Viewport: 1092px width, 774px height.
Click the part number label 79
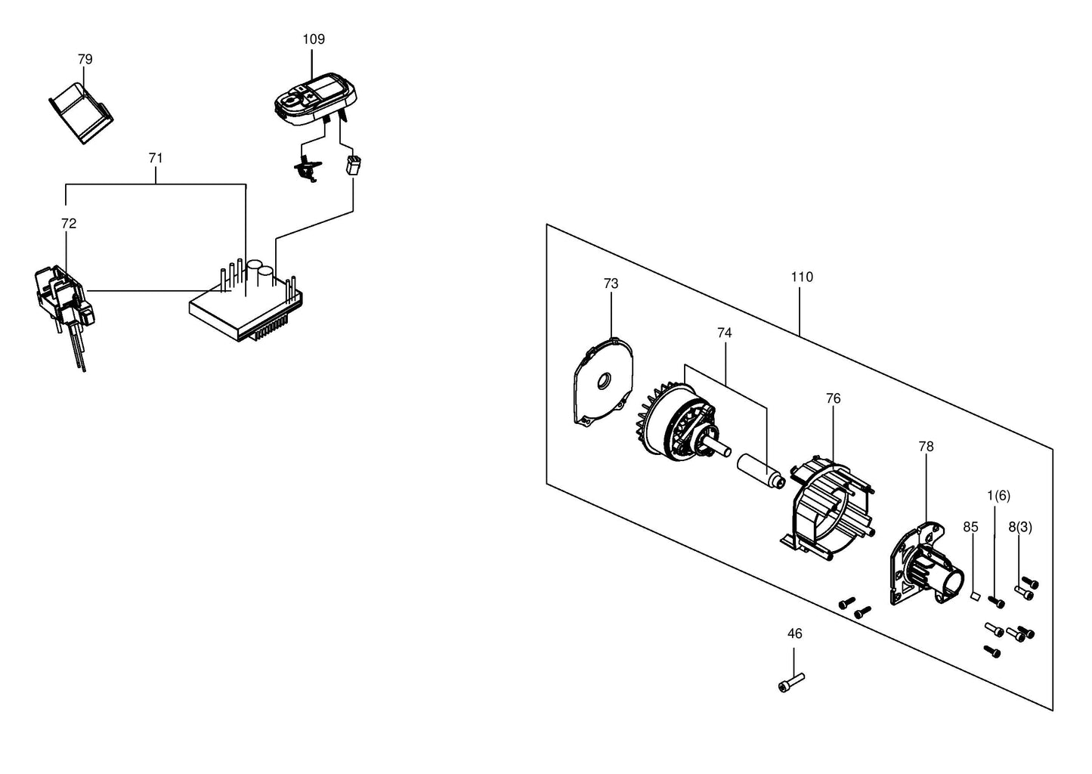[x=85, y=59]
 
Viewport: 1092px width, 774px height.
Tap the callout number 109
[x=314, y=39]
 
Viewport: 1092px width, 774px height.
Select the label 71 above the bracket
[x=156, y=158]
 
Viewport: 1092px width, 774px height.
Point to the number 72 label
[x=69, y=224]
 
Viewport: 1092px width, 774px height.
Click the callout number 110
[x=802, y=277]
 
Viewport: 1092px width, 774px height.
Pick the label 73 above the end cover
[x=611, y=283]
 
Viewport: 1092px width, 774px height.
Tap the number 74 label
[x=725, y=333]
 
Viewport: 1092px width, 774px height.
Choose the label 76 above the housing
[x=833, y=398]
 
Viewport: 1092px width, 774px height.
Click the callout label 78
[x=926, y=446]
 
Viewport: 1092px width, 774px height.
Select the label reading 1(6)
[x=998, y=496]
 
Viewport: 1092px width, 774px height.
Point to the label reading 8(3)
[x=1020, y=528]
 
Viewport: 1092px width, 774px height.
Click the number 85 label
[x=970, y=528]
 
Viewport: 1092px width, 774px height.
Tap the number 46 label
[x=794, y=633]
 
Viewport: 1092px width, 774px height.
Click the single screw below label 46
[x=791, y=683]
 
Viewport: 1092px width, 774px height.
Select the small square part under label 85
[x=975, y=596]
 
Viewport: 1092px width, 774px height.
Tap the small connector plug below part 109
[x=353, y=165]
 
